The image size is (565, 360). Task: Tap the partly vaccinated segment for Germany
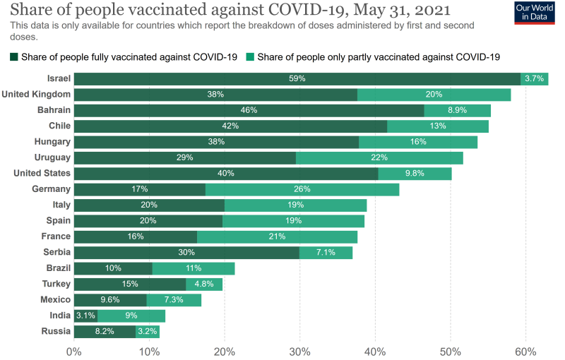[x=302, y=189]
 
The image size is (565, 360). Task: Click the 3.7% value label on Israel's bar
[x=535, y=78]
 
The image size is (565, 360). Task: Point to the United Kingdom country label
[x=36, y=95]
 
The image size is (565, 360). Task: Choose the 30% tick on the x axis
[x=299, y=351]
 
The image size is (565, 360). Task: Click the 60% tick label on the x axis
[x=525, y=351]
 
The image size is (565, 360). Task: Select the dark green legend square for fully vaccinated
[x=14, y=56]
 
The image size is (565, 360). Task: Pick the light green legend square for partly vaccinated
[x=251, y=56]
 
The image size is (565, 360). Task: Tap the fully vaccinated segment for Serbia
[x=186, y=253]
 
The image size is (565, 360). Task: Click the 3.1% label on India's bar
[x=85, y=316]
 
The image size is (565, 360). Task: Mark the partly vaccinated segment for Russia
[x=148, y=331]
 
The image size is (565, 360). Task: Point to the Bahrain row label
[x=54, y=110]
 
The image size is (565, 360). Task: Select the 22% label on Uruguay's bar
[x=379, y=157]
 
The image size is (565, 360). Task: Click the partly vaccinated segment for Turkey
[x=204, y=284]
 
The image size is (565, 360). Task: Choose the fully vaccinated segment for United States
[x=225, y=174]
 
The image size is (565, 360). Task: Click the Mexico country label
[x=55, y=300]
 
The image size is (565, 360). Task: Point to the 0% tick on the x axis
[x=73, y=351]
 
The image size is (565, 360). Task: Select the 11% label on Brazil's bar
[x=193, y=268]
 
